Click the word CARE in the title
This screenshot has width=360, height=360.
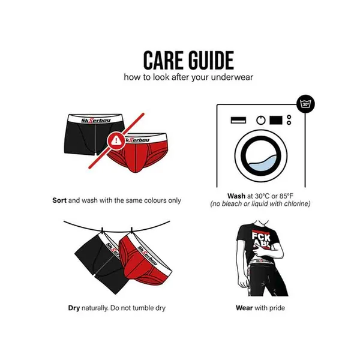164,61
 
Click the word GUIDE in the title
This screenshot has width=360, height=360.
211,61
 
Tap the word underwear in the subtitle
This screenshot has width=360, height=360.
232,77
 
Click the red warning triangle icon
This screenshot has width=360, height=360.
116,140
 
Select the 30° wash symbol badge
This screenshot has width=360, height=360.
305,104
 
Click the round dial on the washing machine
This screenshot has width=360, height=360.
261,120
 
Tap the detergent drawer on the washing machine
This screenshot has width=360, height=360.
238,120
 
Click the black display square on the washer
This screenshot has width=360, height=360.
276,120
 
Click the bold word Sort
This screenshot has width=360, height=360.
59,200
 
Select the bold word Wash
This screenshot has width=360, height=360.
236,196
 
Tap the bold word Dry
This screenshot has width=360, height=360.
74,308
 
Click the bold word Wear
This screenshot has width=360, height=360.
244,308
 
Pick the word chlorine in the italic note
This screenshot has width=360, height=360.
297,203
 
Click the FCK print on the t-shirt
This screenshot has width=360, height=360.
261,236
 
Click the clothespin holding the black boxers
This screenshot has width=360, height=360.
103,230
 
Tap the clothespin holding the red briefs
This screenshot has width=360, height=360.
131,230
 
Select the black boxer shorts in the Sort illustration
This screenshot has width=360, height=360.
94,134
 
